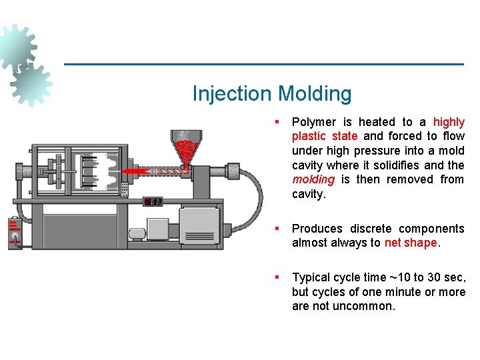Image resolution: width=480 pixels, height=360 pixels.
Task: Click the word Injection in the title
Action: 232,94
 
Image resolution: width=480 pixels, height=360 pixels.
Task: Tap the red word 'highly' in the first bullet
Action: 449,122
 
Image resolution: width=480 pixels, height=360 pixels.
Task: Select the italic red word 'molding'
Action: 313,179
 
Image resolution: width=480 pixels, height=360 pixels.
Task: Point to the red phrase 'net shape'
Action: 411,243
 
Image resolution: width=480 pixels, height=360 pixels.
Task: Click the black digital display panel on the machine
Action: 153,201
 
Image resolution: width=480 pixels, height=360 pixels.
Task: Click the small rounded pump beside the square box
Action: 138,233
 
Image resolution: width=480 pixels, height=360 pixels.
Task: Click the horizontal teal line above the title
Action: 263,64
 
